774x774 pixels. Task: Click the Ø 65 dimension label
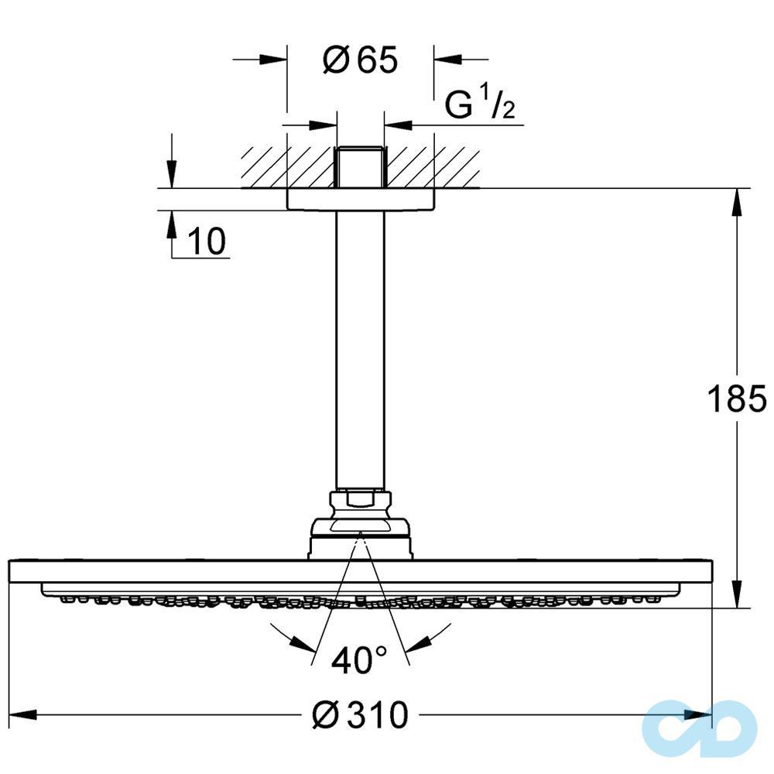coord(360,60)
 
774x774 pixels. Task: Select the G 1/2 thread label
coord(480,106)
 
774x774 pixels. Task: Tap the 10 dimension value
coord(206,242)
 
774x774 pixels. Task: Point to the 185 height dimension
coord(736,400)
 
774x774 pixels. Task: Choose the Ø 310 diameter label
coord(359,716)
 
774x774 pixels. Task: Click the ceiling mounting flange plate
coord(360,199)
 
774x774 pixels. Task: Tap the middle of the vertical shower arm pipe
coord(360,348)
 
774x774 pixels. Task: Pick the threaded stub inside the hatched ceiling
coord(360,166)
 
